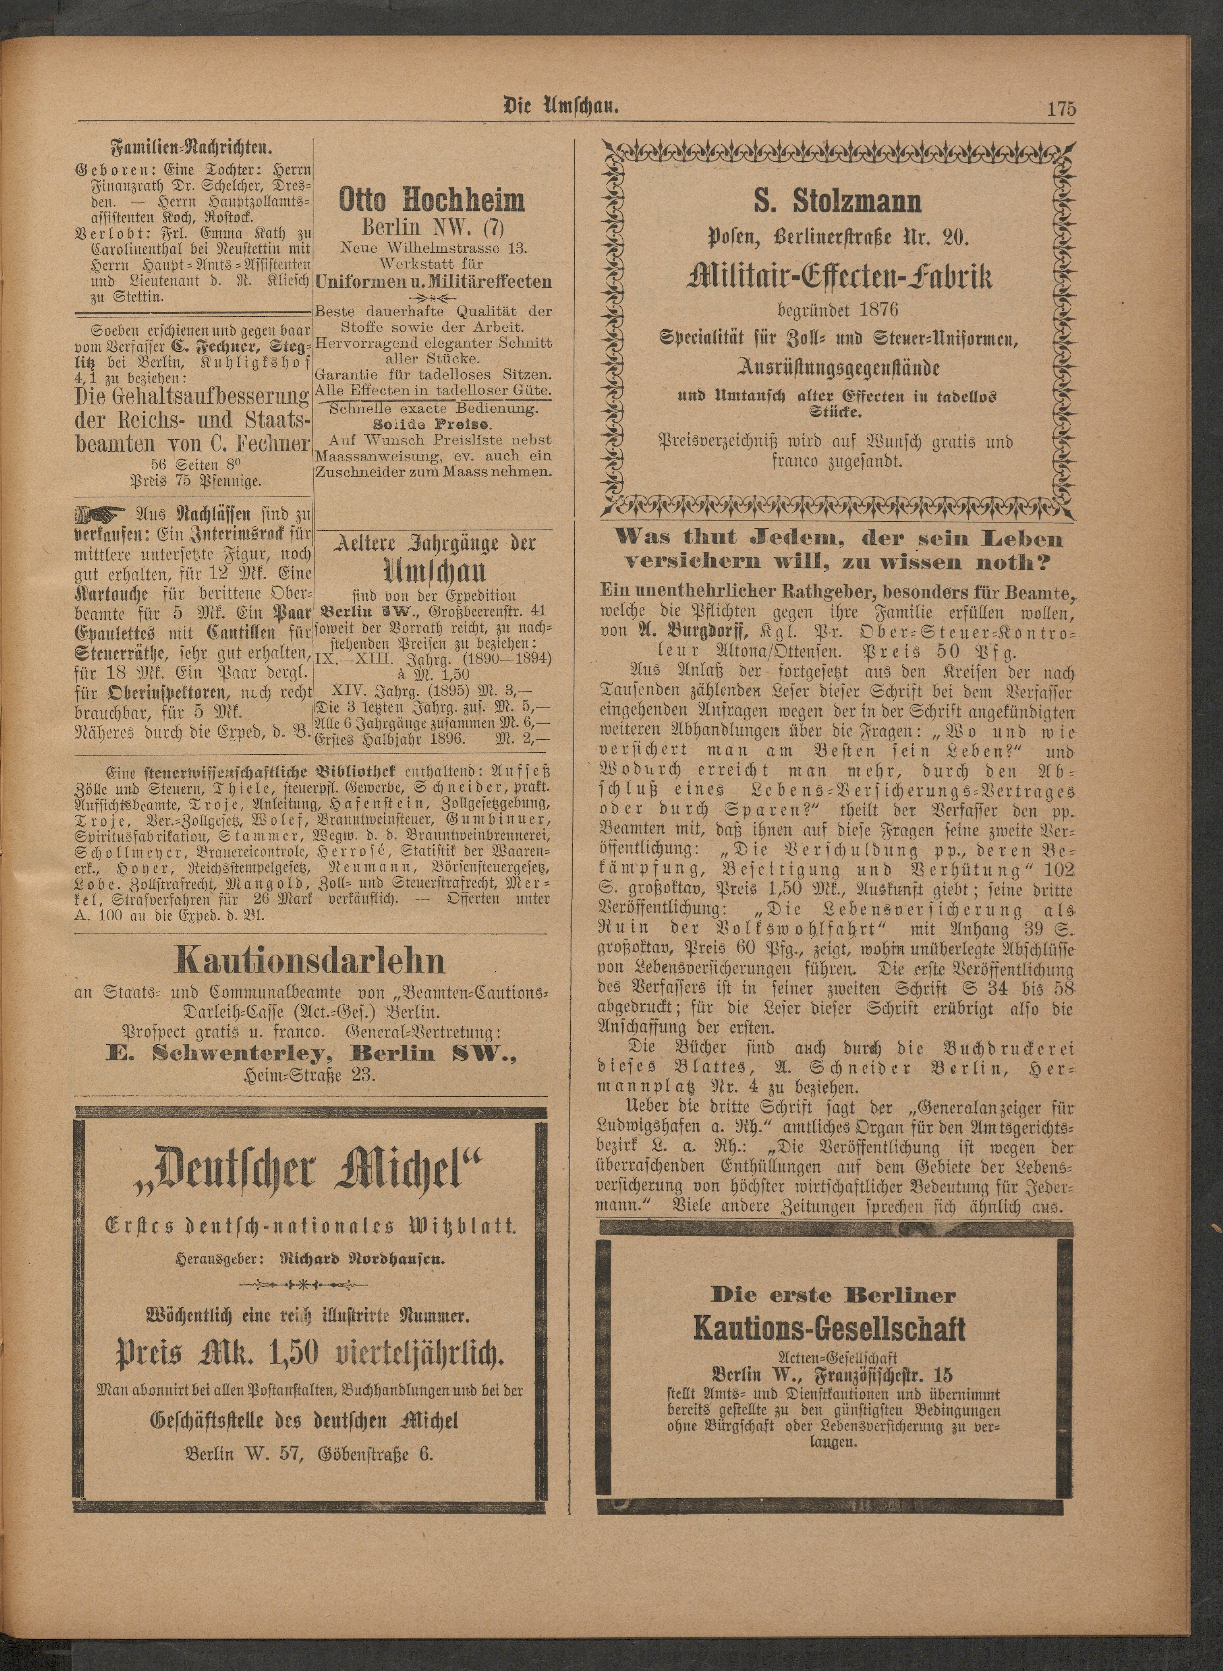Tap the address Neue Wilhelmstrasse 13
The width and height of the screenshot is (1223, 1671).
[434, 248]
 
